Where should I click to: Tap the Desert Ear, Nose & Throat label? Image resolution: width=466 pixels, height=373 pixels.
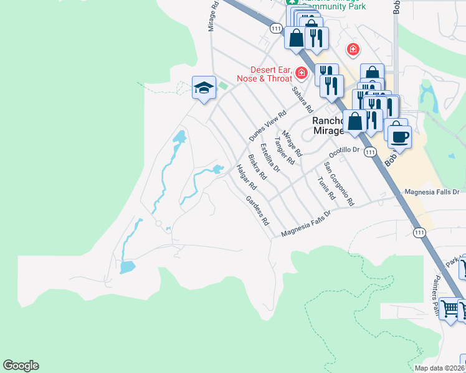pos(264,74)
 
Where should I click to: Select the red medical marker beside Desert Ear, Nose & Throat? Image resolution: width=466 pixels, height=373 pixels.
pos(302,74)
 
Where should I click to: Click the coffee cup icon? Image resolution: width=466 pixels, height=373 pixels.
pos(399,135)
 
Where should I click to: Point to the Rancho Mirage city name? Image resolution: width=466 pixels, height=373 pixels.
pos(328,126)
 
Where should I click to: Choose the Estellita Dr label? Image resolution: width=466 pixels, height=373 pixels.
pos(270,157)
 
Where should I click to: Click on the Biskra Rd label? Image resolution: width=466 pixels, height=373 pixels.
pos(257,167)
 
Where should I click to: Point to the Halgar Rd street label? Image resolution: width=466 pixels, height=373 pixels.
pos(247,177)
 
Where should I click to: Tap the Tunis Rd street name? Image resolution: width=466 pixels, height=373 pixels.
pos(326,186)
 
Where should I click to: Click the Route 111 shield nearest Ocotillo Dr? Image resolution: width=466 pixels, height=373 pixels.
pos(370,152)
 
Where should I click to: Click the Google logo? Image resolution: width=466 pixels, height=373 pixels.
pos(21,366)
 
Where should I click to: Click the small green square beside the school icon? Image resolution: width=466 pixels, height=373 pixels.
pos(222,85)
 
